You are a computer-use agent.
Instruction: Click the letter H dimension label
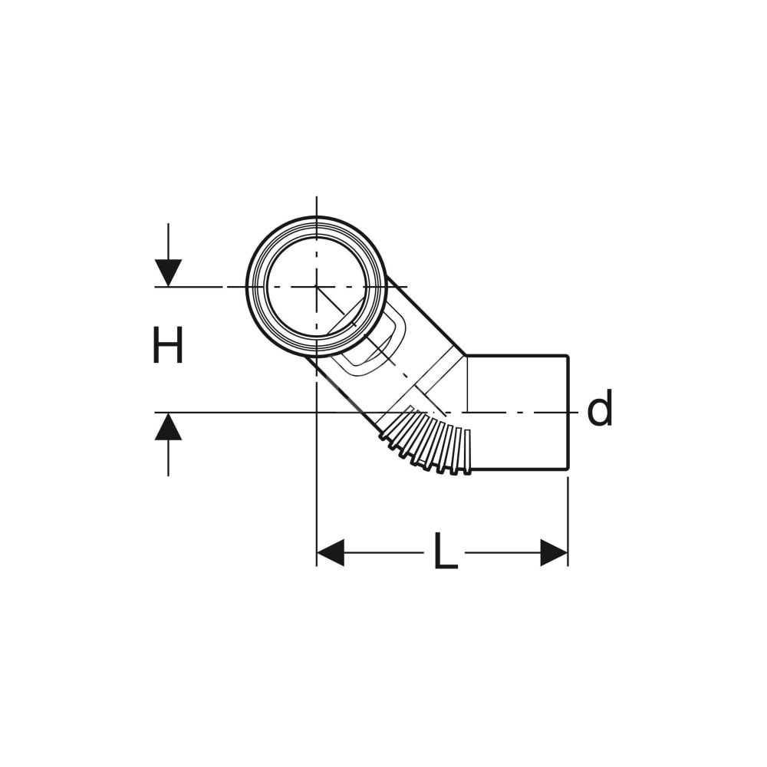[168, 345]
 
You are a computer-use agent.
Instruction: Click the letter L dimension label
[445, 551]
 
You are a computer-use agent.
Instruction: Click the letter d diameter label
[599, 407]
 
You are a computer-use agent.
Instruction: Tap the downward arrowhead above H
[168, 273]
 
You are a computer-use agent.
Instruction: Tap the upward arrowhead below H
[168, 426]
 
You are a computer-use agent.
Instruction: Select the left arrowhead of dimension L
[331, 553]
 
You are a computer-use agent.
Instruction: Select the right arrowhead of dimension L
[555, 553]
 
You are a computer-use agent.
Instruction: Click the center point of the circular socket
[317, 287]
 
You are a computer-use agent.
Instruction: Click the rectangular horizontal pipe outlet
[518, 413]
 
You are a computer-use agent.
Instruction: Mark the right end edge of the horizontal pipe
[568, 413]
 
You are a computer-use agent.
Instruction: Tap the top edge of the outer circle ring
[317, 217]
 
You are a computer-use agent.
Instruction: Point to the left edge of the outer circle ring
[247, 287]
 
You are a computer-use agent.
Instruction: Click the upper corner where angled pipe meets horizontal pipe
[466, 356]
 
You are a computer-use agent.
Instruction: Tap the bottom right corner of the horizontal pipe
[568, 469]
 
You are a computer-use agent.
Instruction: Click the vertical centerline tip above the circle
[317, 196]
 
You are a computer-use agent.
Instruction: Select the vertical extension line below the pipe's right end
[568, 522]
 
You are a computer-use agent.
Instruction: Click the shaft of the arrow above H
[168, 242]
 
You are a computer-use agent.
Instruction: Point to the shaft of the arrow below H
[168, 458]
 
